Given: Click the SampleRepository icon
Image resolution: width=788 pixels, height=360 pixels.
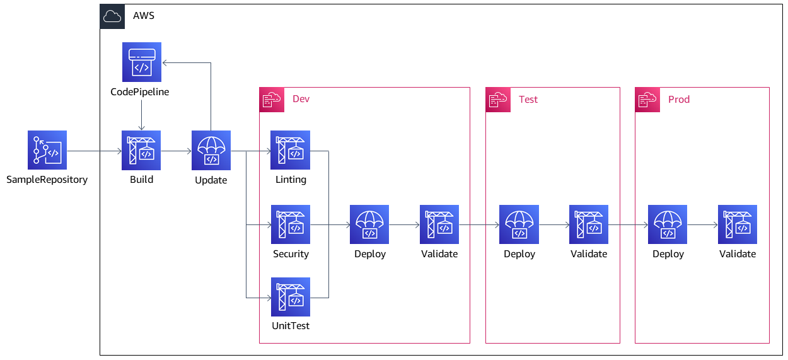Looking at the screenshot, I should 47,151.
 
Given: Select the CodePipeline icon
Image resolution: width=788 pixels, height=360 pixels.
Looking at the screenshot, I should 141,62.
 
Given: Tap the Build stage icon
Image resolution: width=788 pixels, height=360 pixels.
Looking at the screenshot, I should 141,151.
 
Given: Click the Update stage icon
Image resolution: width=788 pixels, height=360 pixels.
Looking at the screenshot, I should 211,151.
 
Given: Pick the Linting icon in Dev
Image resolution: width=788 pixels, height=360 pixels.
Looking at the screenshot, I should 291,151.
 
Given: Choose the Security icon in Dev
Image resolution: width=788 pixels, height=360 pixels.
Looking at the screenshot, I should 291,224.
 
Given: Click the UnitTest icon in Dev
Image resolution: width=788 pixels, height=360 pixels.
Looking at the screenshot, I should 291,297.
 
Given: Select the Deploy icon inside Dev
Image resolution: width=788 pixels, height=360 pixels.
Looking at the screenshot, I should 369,224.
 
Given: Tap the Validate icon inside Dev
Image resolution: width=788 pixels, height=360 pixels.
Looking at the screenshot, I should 439,224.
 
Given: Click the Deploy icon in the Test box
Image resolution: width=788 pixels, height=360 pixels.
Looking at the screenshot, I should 519,224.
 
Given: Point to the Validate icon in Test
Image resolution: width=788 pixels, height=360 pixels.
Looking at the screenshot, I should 589,224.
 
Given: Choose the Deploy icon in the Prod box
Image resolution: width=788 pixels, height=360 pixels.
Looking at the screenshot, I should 668,224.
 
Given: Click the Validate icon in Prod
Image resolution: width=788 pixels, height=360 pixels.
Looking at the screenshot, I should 738,224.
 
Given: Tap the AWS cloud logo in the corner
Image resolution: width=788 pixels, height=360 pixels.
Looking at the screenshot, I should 112,16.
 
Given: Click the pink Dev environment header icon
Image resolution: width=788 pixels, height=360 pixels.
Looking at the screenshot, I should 272,100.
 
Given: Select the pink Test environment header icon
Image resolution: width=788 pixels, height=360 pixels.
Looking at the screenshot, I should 498,100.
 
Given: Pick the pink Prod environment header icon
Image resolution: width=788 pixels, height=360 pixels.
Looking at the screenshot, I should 647,100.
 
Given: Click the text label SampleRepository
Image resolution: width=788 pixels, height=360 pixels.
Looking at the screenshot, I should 47,180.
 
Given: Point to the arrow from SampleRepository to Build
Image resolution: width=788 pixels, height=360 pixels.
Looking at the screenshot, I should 94,151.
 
